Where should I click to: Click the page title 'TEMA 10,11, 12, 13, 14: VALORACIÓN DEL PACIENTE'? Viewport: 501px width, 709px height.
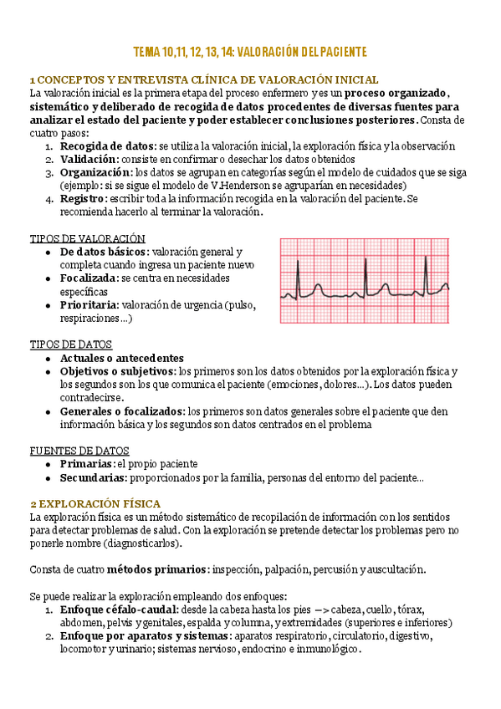click(250, 52)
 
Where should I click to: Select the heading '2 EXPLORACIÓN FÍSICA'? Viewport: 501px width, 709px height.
click(84, 504)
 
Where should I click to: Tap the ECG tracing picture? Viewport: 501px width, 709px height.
click(364, 282)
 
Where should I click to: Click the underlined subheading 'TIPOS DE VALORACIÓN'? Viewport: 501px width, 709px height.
click(87, 238)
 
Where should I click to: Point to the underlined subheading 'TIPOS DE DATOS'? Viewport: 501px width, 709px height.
click(70, 344)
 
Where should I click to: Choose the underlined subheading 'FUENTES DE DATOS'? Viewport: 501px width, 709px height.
click(79, 450)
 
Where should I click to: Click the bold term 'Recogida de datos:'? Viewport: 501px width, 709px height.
click(108, 146)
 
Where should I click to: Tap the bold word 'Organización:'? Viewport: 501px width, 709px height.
click(96, 172)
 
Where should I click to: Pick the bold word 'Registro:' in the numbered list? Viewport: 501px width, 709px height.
click(83, 198)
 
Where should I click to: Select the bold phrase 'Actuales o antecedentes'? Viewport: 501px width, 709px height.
click(121, 358)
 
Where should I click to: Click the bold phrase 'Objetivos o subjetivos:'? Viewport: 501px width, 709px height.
click(118, 371)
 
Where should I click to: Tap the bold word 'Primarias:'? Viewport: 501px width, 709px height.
click(87, 464)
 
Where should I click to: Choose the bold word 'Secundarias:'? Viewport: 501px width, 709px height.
click(93, 477)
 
